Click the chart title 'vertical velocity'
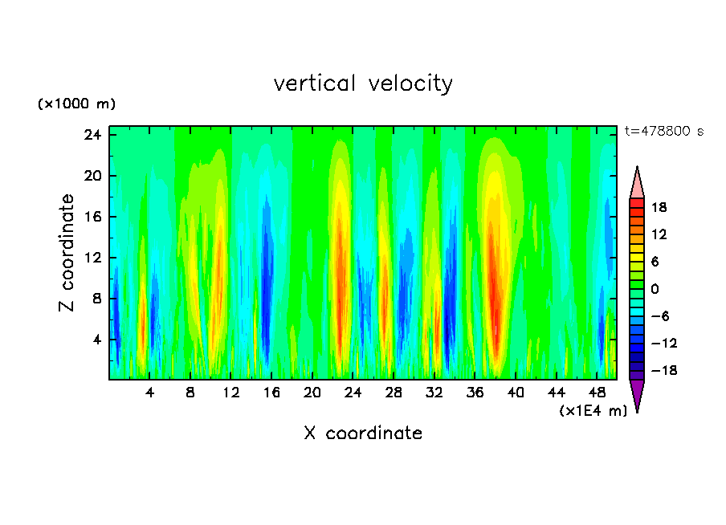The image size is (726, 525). pos(363,83)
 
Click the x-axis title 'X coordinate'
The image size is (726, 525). pos(363,433)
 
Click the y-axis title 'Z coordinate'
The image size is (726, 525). pos(67,253)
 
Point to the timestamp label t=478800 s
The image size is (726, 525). pos(663,132)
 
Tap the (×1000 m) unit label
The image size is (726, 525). pos(77,104)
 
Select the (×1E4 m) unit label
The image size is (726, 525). pos(593,411)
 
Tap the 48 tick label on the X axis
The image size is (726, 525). pos(597,393)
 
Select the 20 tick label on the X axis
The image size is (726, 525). pos(312,393)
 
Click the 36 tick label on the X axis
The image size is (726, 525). pos(475,393)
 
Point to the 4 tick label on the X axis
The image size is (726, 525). pos(150,393)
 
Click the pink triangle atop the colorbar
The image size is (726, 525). pos(637,184)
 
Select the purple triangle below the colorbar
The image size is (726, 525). pos(637,394)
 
